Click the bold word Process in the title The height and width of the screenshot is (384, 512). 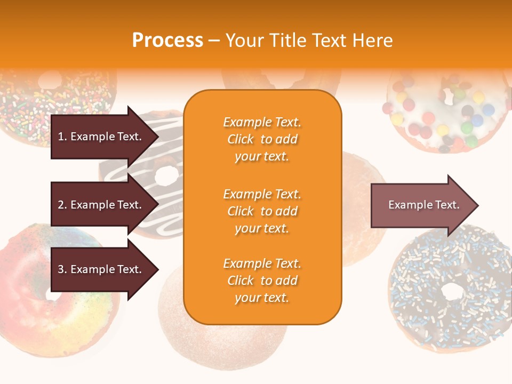167,41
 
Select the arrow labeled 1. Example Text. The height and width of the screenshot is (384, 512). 101,137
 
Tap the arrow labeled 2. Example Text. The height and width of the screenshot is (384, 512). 101,205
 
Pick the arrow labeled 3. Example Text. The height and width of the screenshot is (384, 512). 101,269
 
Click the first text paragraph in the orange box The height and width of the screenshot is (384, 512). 262,139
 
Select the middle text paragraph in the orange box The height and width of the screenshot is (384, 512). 262,211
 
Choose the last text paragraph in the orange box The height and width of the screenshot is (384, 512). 262,281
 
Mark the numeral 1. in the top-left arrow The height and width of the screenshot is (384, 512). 62,137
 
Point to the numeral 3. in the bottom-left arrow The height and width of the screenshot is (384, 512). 62,269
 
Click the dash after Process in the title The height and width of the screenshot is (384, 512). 214,41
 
